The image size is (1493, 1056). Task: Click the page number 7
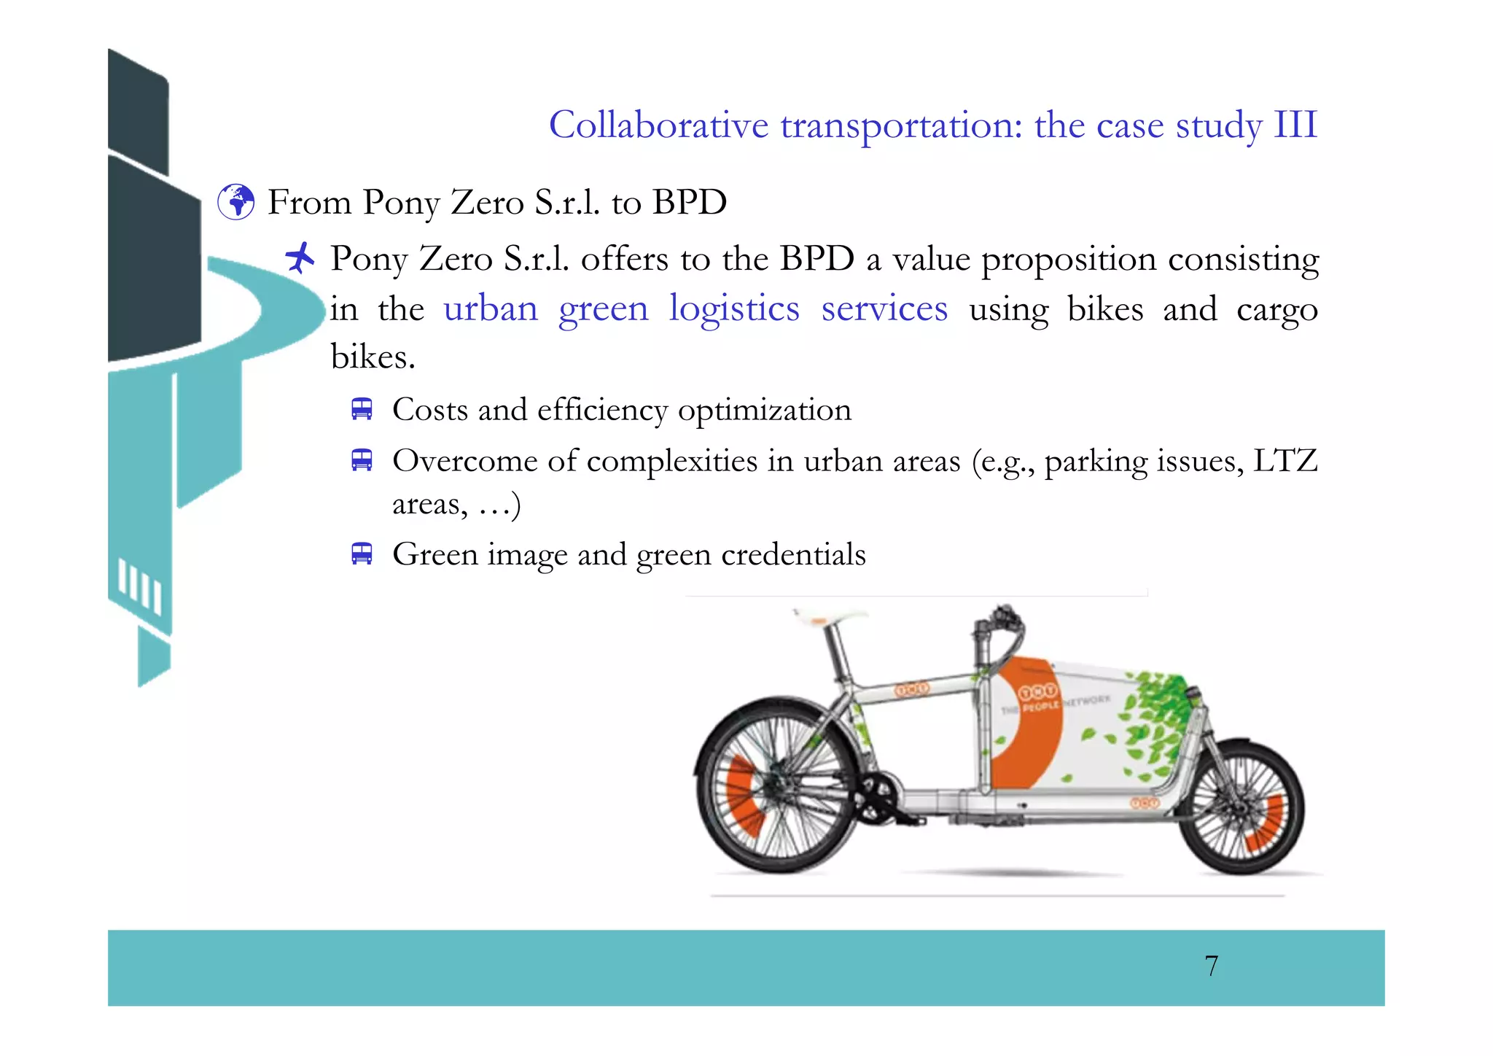click(x=1211, y=966)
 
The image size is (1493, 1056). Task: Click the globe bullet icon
click(x=236, y=202)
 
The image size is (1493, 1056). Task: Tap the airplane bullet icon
click(x=300, y=257)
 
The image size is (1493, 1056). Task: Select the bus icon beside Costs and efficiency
click(x=362, y=409)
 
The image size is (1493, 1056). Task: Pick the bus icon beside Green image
click(x=362, y=554)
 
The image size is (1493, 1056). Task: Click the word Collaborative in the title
click(x=658, y=125)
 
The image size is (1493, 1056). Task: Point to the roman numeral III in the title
click(x=1295, y=125)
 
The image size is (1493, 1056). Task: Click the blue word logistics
click(x=734, y=308)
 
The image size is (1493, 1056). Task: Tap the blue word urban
click(x=491, y=308)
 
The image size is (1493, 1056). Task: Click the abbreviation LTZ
click(x=1285, y=461)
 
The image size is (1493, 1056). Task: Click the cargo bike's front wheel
click(x=1241, y=807)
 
